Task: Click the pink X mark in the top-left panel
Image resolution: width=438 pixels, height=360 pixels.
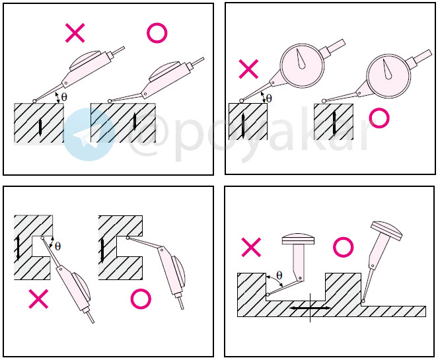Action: click(x=75, y=33)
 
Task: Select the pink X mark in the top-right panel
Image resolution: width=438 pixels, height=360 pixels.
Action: click(x=248, y=69)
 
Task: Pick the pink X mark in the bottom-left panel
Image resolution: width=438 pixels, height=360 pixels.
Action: click(x=38, y=299)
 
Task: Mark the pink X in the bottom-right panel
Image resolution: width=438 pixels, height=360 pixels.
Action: click(x=251, y=247)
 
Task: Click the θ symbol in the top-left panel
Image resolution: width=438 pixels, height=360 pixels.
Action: click(x=64, y=97)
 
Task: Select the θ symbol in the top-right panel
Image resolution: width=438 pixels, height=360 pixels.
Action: click(x=269, y=98)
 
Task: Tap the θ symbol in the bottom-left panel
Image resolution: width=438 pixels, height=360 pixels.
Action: click(x=57, y=246)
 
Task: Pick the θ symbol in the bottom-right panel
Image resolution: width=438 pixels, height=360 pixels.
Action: click(x=279, y=275)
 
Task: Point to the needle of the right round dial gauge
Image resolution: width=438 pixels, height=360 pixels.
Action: click(x=387, y=69)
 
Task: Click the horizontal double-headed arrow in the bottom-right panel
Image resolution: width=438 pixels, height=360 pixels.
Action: click(x=310, y=308)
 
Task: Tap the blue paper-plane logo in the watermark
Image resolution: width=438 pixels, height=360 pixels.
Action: click(x=89, y=135)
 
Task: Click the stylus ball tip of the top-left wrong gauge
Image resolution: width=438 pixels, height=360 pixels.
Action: click(x=34, y=101)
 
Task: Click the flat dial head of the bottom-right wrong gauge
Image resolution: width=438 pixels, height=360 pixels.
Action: click(x=299, y=239)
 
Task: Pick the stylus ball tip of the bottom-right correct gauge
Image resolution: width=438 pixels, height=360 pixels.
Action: click(x=363, y=301)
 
